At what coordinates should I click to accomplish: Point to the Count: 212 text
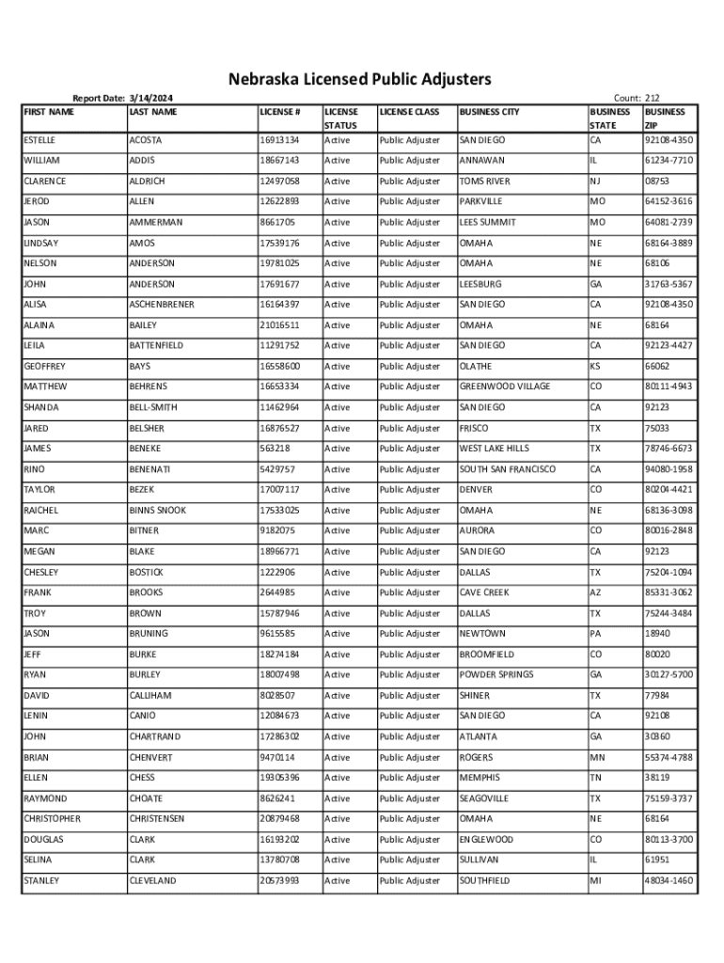(636, 98)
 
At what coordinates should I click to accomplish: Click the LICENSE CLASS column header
(409, 113)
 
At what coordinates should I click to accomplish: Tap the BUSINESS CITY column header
(489, 113)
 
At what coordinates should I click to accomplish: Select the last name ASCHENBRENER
(162, 305)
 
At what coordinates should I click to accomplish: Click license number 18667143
(279, 161)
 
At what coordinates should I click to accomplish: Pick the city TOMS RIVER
(484, 182)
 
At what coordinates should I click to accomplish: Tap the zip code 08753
(656, 182)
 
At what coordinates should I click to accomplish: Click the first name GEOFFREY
(44, 367)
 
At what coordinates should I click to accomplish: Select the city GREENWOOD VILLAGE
(505, 387)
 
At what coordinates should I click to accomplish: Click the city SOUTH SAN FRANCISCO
(507, 469)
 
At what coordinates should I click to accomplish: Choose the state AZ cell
(596, 592)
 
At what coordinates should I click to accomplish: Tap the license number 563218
(275, 449)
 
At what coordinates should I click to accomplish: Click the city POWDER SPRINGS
(496, 675)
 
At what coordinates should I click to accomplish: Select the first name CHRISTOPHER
(52, 819)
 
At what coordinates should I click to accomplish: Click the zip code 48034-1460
(669, 881)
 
